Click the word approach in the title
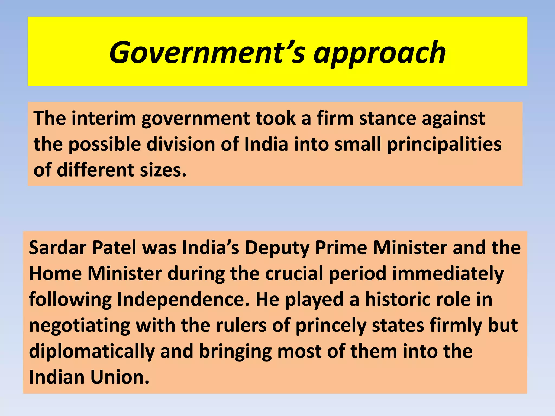point(379,53)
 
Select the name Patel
point(114,248)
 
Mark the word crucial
point(294,274)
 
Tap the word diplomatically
point(92,352)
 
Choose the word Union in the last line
point(120,377)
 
